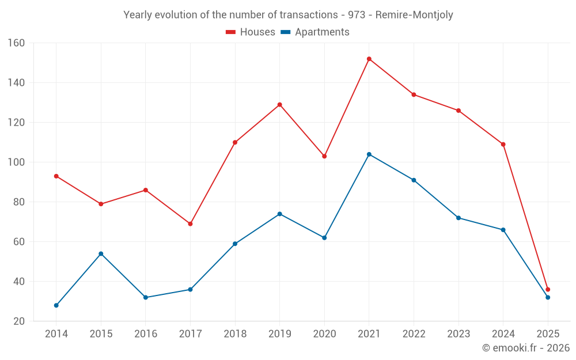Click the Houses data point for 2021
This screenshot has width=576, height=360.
(x=369, y=59)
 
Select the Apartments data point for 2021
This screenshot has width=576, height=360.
(x=369, y=154)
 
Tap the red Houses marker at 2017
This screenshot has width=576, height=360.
(x=190, y=223)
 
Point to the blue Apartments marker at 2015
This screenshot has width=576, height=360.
(x=101, y=253)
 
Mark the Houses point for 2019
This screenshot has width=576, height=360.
(x=280, y=104)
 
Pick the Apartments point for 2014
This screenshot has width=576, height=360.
(x=56, y=305)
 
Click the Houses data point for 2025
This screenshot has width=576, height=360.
(x=548, y=290)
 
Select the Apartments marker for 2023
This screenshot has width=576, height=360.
(x=458, y=218)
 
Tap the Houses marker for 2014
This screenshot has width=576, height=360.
(x=56, y=176)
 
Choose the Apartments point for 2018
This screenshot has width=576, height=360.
(x=235, y=244)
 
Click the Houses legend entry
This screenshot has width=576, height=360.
(x=251, y=32)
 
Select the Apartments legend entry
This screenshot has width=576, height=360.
(x=315, y=32)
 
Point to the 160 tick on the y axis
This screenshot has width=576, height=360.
(x=16, y=43)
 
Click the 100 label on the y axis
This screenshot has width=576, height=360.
(x=16, y=162)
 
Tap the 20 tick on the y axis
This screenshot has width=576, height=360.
(x=19, y=321)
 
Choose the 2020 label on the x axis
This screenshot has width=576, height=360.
(x=324, y=334)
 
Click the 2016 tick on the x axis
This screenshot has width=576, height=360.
(x=146, y=334)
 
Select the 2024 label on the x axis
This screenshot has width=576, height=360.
(x=503, y=334)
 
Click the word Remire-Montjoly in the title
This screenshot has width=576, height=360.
(x=414, y=15)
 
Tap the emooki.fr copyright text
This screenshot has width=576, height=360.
(x=526, y=348)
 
